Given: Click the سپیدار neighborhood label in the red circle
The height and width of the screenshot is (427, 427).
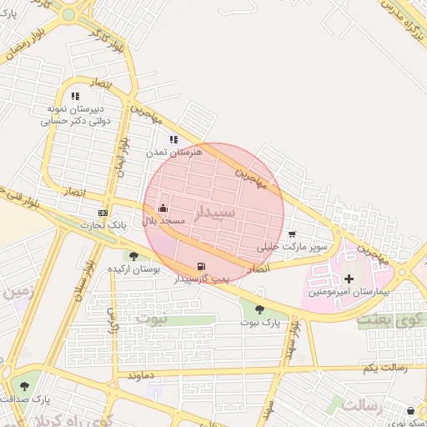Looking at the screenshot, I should point(215,213).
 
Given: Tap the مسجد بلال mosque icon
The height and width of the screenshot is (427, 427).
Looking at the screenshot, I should point(163,208).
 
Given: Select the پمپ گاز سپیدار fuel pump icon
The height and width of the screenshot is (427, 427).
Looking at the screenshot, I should point(200,267).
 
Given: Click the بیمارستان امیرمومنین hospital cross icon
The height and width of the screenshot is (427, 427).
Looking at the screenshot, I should point(349,278).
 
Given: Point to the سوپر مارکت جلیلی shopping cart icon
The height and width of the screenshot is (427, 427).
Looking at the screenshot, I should point(291,234).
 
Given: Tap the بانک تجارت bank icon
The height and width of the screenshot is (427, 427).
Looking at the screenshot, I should point(103,212).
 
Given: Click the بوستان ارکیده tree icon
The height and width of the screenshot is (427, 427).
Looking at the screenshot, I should point(133,256).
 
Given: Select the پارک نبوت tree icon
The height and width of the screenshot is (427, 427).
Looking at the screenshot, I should point(259,309).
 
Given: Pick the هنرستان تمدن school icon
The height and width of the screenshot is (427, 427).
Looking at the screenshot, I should point(173,139).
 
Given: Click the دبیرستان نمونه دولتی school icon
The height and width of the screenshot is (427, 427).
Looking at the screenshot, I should point(76,96).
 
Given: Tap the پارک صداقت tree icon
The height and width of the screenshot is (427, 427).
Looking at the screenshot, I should point(23,386).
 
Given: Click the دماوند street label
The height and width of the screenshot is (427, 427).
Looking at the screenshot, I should point(139,377).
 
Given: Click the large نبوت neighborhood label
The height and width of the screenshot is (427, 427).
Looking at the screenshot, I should point(151,319).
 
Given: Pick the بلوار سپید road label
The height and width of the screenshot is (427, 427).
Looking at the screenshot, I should point(290,338).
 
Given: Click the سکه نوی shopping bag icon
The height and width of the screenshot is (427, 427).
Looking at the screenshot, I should point(411,410).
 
